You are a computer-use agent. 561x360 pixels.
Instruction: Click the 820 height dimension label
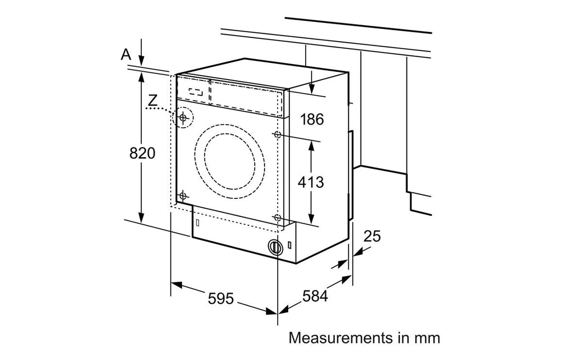(x=142, y=153)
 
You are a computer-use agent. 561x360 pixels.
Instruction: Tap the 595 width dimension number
(x=221, y=299)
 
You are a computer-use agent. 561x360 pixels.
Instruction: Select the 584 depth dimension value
(x=315, y=296)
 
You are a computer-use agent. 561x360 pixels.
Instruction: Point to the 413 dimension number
(x=311, y=182)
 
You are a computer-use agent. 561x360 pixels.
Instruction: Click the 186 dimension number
(x=312, y=119)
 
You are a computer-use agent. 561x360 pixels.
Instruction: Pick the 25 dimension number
(x=372, y=236)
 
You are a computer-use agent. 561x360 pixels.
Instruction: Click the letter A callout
(x=126, y=54)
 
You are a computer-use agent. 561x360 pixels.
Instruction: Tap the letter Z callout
(x=153, y=100)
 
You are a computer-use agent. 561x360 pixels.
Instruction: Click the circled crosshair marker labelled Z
(x=183, y=117)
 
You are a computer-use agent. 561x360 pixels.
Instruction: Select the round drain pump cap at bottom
(x=275, y=247)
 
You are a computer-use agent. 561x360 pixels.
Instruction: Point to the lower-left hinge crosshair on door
(x=183, y=196)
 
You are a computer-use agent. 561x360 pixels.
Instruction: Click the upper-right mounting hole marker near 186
(x=277, y=135)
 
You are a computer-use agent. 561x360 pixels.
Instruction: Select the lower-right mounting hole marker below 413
(x=277, y=217)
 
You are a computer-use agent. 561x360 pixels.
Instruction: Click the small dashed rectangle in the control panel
(x=196, y=92)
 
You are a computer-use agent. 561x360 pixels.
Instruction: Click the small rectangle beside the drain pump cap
(x=289, y=246)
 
